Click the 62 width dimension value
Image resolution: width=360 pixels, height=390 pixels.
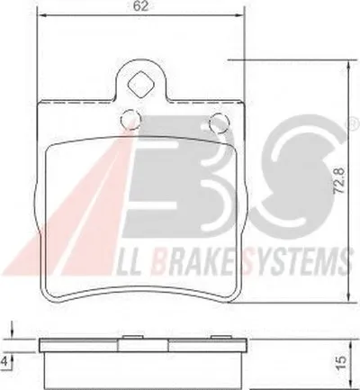140,6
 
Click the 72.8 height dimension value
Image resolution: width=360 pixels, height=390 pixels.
338,181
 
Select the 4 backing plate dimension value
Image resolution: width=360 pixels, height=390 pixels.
4,361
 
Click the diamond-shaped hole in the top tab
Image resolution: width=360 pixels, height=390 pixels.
140,85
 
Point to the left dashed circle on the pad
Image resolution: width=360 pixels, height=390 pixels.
130,120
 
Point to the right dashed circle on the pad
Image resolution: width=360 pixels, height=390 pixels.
220,123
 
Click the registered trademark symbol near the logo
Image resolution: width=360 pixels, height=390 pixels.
355,123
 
